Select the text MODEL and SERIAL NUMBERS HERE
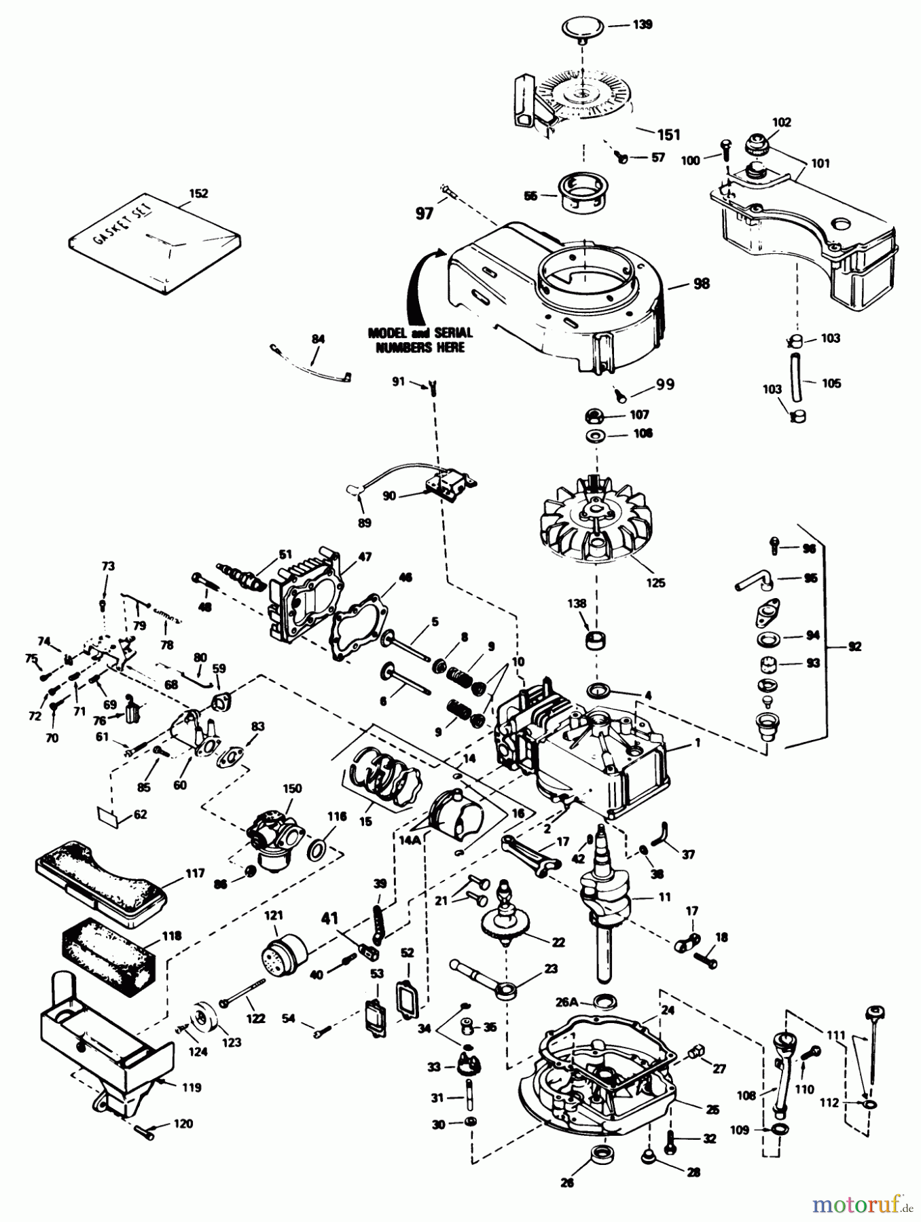coord(420,339)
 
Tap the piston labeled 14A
coord(458,817)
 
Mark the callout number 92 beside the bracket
coord(854,647)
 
